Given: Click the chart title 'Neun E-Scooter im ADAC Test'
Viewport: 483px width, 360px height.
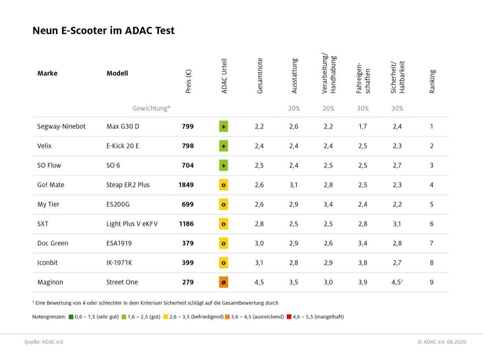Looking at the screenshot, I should click(x=103, y=31).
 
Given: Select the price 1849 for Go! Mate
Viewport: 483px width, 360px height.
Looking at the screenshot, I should click(x=186, y=185).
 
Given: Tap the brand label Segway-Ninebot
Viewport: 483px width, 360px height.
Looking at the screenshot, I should click(x=61, y=126).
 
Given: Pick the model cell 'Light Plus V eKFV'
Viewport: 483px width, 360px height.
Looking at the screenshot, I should click(x=132, y=224).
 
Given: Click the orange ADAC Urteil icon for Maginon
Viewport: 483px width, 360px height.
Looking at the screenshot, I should click(x=223, y=282).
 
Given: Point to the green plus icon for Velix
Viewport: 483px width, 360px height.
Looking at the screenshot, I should click(x=223, y=146).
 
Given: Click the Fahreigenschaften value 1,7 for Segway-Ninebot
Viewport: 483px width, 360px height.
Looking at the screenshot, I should click(x=362, y=126).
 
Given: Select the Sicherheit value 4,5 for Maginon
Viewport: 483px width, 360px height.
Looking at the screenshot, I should click(x=397, y=282).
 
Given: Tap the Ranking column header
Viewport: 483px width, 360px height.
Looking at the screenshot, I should click(x=432, y=82).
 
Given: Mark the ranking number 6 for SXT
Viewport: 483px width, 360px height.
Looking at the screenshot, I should click(x=431, y=224).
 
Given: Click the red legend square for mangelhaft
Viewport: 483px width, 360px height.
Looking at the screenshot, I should click(x=289, y=317).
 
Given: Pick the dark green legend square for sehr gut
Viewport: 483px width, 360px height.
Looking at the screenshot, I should click(x=71, y=317).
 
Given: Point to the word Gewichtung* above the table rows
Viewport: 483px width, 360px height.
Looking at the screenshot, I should click(x=151, y=108).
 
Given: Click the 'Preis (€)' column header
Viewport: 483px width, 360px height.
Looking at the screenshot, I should click(x=188, y=82).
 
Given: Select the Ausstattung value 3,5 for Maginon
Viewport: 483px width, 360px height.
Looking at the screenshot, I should click(x=294, y=282).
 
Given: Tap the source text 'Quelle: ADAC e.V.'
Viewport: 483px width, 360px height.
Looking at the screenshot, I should click(x=44, y=342).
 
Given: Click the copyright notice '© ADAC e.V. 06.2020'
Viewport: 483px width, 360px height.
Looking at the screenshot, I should click(x=442, y=342).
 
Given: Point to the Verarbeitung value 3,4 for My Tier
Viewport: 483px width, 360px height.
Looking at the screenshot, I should click(x=328, y=204).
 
